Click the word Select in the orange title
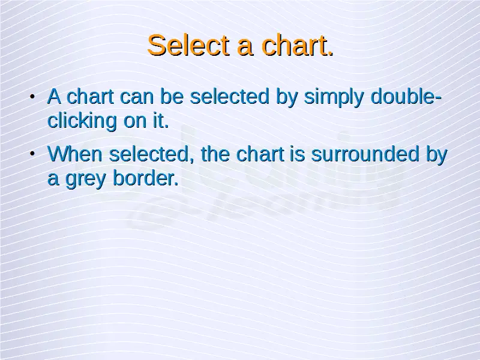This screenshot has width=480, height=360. [x=188, y=46]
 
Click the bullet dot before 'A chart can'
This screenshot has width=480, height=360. [x=32, y=97]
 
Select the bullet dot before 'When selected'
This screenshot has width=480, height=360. [x=32, y=154]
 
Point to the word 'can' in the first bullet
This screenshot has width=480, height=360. [x=136, y=97]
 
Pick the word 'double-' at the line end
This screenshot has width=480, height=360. [x=406, y=96]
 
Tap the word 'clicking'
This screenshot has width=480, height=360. [x=82, y=121]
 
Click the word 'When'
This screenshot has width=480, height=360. [x=75, y=154]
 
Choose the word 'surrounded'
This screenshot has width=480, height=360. [x=365, y=154]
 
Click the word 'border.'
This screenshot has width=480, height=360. [x=145, y=178]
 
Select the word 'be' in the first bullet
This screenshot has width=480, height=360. [x=172, y=96]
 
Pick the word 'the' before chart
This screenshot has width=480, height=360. [x=215, y=154]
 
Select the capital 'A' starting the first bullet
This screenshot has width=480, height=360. [x=54, y=96]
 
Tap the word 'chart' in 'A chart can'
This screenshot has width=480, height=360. [x=91, y=96]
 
